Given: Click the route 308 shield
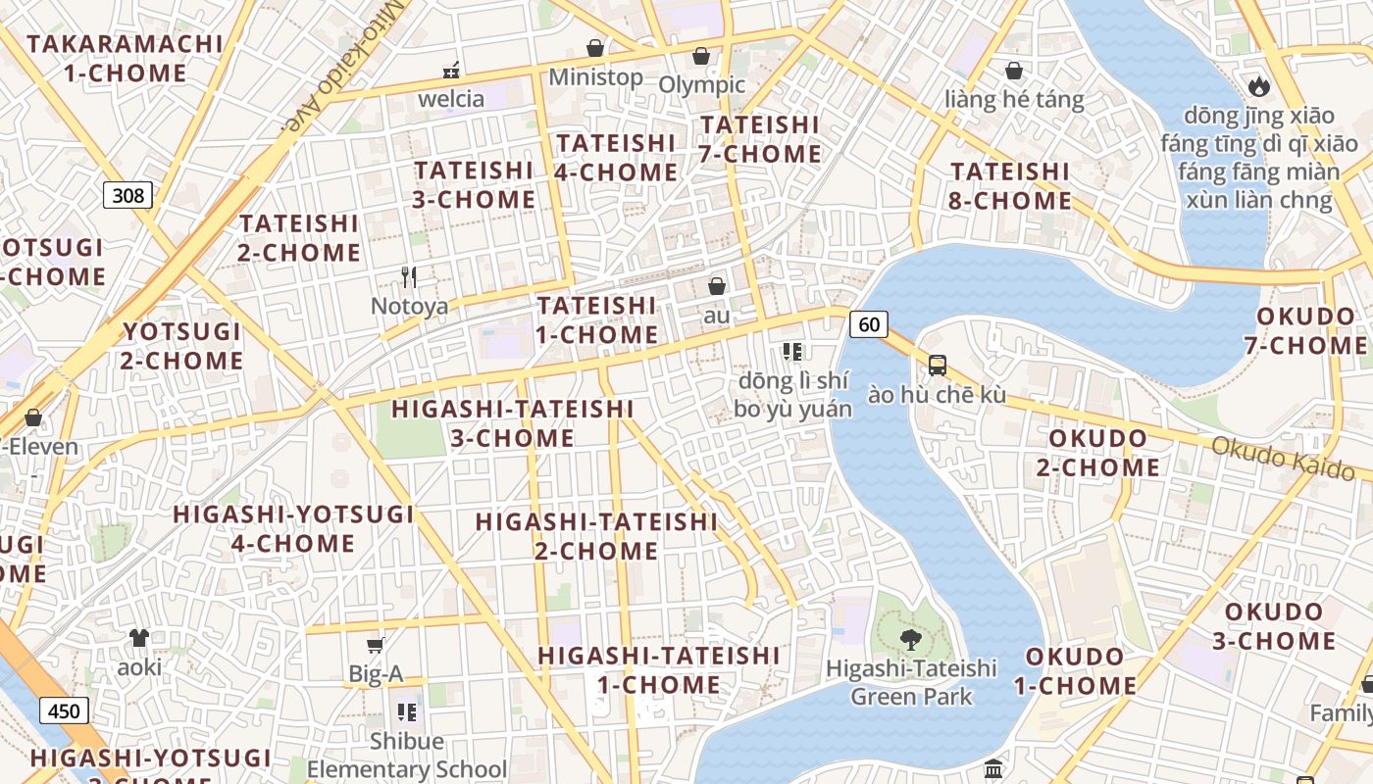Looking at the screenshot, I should (128, 195).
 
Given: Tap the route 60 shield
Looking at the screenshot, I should (869, 323).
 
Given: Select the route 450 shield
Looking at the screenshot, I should (64, 710).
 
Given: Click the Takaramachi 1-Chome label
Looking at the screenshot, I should (125, 58).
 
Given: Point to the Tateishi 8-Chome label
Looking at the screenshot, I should (1010, 185).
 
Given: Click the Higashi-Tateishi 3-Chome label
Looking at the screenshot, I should (512, 423).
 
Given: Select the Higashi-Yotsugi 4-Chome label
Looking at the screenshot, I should (293, 528).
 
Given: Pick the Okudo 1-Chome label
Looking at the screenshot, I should (1075, 670).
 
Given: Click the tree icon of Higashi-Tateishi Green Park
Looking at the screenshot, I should (911, 639).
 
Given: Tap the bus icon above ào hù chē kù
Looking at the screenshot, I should (938, 366).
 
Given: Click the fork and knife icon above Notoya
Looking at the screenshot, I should (410, 276).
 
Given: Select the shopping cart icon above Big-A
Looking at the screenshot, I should (375, 644).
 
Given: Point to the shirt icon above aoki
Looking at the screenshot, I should (139, 637).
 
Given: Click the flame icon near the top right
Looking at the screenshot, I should (1259, 85).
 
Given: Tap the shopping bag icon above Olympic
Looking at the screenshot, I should (701, 56).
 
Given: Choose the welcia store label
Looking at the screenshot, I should (451, 98).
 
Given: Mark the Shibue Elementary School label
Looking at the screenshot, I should (407, 755).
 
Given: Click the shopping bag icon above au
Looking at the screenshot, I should (717, 286).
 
